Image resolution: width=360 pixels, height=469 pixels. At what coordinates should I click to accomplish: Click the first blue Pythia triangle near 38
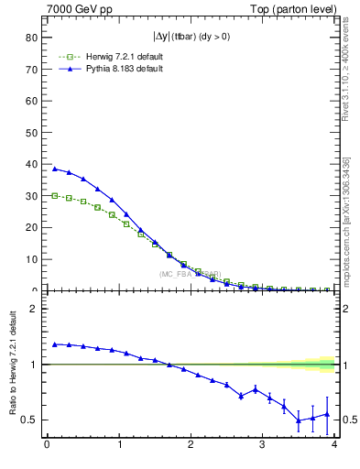coord(55,169)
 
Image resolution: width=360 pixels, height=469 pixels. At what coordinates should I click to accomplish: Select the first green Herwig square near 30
coord(55,195)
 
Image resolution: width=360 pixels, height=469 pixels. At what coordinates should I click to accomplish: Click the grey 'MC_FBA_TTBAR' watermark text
coord(190,274)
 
